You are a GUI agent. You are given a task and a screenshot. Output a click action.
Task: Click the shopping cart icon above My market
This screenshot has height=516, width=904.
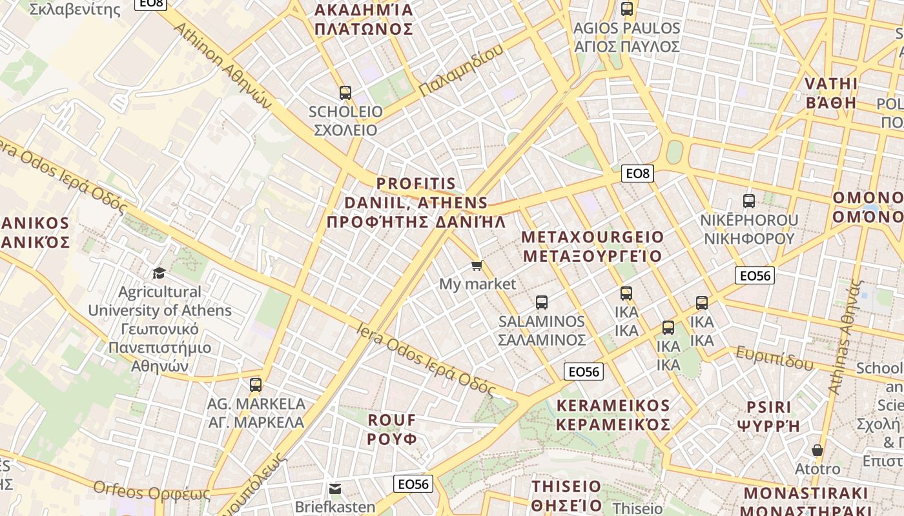coord(477,266)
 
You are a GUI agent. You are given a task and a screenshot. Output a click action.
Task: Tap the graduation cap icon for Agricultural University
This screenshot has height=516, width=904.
coord(159,273)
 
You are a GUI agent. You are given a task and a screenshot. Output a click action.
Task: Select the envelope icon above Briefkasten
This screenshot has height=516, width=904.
coord(335,488)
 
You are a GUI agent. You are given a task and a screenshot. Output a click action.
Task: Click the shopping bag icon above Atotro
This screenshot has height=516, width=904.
coord(817,450)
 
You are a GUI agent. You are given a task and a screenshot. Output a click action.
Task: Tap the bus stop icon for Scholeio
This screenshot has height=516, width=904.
coord(345,93)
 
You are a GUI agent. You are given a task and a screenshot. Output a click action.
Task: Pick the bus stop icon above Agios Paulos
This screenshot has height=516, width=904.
coord(626,9)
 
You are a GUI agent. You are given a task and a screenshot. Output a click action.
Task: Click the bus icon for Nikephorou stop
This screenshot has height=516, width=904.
coord(749,201)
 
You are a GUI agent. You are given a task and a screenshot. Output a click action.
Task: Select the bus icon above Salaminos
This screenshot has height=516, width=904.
coord(542,302)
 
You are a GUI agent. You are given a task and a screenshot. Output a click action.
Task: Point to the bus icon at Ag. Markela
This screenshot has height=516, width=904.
coord(256,385)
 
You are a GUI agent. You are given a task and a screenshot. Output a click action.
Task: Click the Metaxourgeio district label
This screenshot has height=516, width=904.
coord(592,246)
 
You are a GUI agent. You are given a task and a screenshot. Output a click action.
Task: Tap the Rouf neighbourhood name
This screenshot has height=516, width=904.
coord(392,430)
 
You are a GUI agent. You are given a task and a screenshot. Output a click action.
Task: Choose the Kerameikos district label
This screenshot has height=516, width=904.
coord(613,415)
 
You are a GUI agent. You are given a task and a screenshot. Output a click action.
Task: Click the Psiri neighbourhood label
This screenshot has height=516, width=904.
coord(768,416)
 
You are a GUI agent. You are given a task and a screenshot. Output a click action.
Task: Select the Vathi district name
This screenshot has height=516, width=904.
coord(831,94)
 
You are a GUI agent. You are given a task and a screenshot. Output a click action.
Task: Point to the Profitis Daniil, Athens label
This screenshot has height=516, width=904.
coord(416,203)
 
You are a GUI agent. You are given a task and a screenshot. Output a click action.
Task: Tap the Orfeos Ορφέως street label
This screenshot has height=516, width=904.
coord(152,491)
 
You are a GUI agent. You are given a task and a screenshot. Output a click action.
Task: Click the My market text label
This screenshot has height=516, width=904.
coord(477,284)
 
